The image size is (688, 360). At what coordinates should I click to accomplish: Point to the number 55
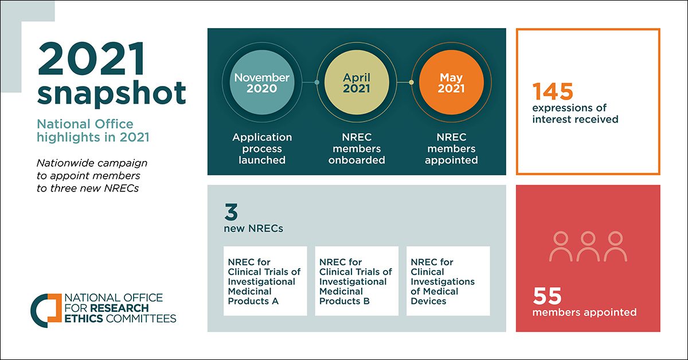coord(547,296)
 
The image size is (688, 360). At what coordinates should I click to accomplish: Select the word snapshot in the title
coord(112,92)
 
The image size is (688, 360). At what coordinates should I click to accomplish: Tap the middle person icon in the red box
coord(588,246)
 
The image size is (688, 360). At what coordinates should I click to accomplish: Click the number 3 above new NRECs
coord(231,213)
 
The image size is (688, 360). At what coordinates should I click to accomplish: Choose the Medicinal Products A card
coord(265,281)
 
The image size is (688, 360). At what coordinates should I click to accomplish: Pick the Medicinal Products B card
coord(356,281)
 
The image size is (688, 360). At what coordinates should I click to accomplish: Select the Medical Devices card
coord(448,281)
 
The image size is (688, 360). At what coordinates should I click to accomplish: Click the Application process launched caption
coord(262,148)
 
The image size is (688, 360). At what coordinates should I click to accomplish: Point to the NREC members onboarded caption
coord(357,148)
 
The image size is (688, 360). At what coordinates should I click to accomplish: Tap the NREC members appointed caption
coord(451,148)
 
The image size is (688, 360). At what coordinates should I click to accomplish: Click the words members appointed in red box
coord(584,312)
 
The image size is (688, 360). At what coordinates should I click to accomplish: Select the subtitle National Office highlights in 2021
coord(85,130)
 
